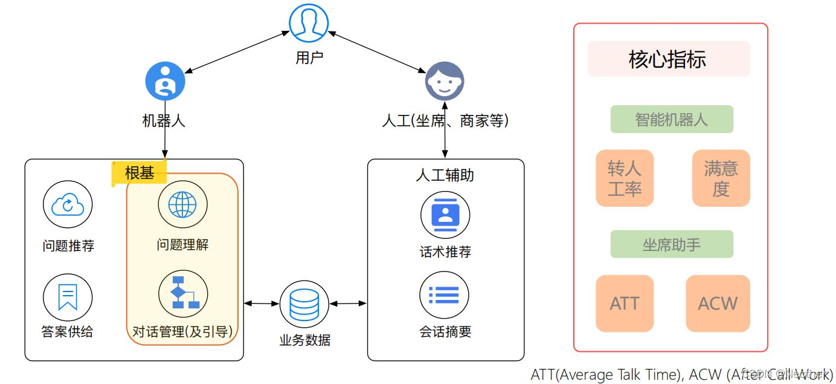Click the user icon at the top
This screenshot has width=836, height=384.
tap(308, 24)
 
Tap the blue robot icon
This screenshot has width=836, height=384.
tap(165, 82)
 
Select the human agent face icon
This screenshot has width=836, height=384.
tap(445, 82)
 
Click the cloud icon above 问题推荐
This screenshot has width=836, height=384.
tap(68, 206)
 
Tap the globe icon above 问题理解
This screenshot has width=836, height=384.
tap(182, 205)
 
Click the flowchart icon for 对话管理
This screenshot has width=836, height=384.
tap(182, 293)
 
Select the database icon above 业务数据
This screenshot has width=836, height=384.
tap(304, 305)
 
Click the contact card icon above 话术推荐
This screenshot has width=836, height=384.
tap(445, 215)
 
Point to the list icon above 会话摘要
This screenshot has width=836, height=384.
tap(445, 295)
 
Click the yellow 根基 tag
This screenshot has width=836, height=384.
tap(140, 173)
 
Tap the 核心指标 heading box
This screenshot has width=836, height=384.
tap(669, 59)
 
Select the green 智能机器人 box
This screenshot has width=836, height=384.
tap(672, 119)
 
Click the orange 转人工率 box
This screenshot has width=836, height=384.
tap(625, 178)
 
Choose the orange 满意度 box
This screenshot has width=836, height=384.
tap(721, 178)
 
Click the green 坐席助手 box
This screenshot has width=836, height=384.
tap(672, 244)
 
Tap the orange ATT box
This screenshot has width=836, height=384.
tap(625, 304)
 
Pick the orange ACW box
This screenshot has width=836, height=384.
tap(718, 304)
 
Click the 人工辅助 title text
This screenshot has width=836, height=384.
tap(445, 175)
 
